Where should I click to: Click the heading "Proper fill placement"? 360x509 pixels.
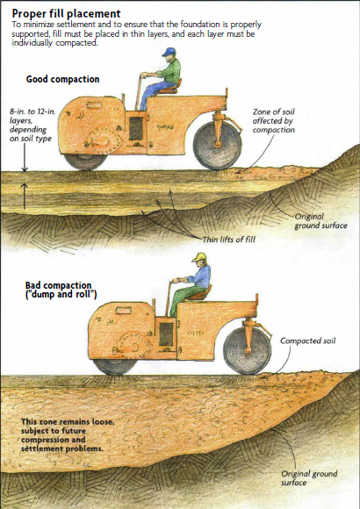pos(66,14)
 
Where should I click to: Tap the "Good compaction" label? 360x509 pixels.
pos(62,79)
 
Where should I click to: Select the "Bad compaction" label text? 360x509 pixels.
pos(59,285)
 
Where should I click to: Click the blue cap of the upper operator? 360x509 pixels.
pos(169,52)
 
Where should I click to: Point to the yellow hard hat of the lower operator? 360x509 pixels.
pos(199,257)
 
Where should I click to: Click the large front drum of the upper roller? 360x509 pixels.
pos(218,146)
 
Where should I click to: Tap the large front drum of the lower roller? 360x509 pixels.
pos(248,351)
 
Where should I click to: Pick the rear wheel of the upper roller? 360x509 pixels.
pos(85,161)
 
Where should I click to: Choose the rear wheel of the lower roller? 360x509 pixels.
pos(115,367)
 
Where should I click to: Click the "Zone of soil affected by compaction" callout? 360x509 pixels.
pos(274,121)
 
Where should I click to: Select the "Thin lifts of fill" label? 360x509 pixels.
pos(229,240)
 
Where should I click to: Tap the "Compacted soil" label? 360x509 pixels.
pos(307,341)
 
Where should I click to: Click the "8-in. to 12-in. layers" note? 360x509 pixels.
pos(32,125)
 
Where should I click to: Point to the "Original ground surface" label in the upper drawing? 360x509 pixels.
pos(320,221)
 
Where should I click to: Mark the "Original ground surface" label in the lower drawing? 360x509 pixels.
pos(309,477)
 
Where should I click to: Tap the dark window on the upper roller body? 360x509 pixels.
pos(136,128)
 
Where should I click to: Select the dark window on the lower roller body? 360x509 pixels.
pos(166,334)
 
